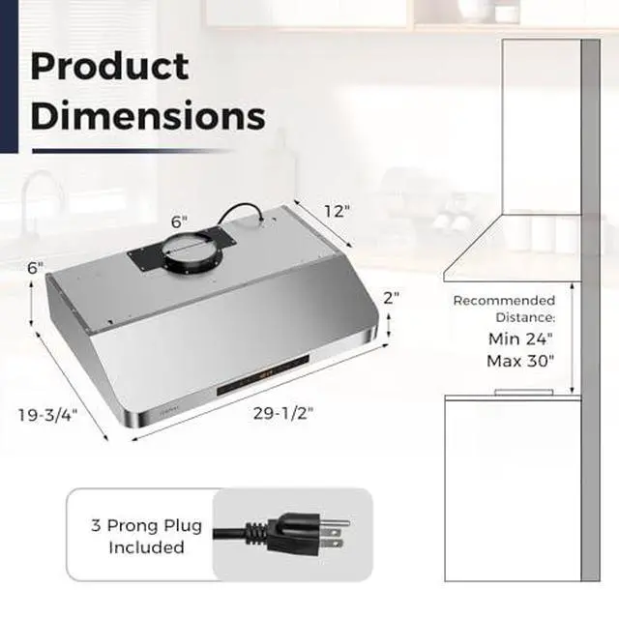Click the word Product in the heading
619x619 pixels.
tap(109, 67)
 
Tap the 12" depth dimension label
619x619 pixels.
tap(337, 211)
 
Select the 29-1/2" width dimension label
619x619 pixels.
tap(283, 413)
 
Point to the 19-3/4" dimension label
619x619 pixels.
tap(47, 415)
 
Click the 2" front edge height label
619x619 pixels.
tap(391, 298)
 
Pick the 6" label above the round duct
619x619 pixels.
tap(179, 221)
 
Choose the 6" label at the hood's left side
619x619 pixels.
tap(35, 268)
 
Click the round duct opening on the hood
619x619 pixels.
tap(193, 251)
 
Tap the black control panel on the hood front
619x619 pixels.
tap(263, 374)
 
